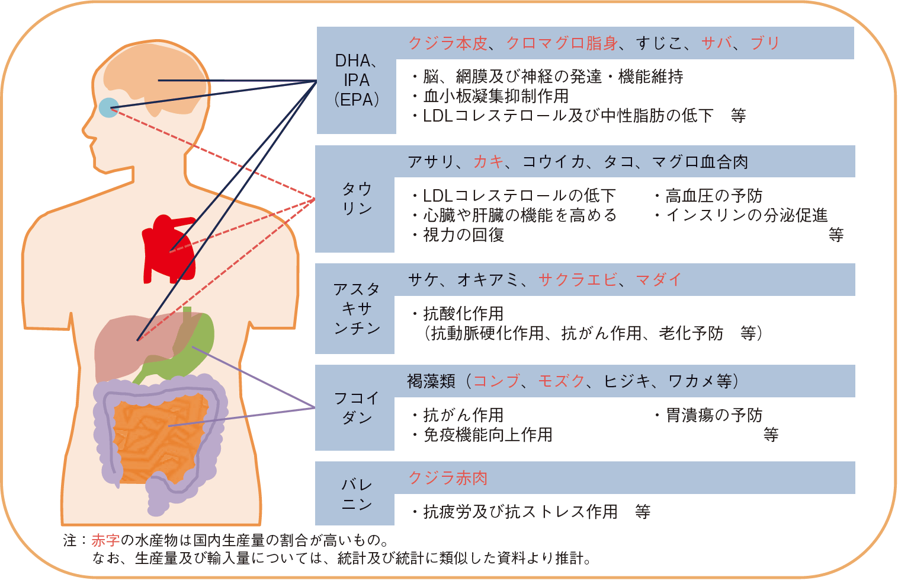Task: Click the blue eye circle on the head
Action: pyautogui.click(x=108, y=107)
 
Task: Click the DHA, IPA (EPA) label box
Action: pyautogui.click(x=356, y=80)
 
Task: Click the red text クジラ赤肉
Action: pyautogui.click(x=448, y=477)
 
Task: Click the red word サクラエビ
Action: pyautogui.click(x=578, y=279)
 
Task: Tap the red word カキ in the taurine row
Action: pyautogui.click(x=488, y=161)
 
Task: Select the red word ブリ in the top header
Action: pyautogui.click(x=765, y=43)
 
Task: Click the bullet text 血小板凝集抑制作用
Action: pyautogui.click(x=496, y=95)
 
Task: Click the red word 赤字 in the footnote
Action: pyautogui.click(x=105, y=540)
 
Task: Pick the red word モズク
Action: pyautogui.click(x=561, y=381)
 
